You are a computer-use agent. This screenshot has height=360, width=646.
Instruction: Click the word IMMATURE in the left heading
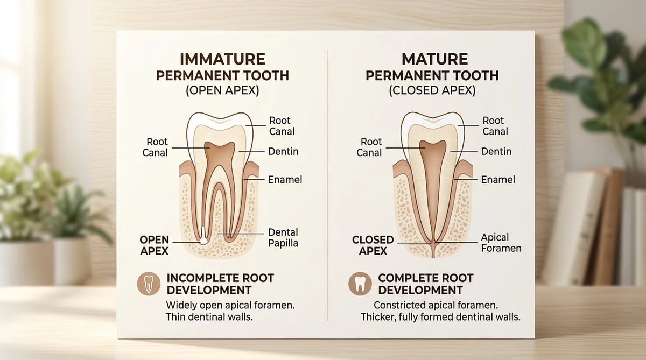coord(222,59)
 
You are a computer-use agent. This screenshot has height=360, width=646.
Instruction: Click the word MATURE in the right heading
coord(434,59)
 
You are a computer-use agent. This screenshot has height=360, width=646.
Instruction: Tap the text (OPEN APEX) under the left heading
coord(222,90)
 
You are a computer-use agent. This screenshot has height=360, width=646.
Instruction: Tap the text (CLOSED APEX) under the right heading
coord(432,90)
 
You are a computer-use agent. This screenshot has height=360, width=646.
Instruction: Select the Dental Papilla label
coord(283,237)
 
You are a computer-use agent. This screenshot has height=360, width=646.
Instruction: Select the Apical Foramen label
coord(501,243)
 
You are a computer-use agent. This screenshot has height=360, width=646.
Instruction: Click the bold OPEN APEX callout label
coord(155,245)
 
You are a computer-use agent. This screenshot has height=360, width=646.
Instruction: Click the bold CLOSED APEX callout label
coord(373,245)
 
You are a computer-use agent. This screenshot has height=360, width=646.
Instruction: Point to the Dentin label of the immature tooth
coord(283,151)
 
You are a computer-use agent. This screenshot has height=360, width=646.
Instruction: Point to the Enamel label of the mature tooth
coord(498,180)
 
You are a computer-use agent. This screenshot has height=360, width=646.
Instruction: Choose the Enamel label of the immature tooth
coord(285,180)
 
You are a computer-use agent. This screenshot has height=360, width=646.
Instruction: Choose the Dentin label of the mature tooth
coord(496,151)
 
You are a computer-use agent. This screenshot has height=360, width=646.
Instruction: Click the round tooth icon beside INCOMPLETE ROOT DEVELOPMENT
coord(149,284)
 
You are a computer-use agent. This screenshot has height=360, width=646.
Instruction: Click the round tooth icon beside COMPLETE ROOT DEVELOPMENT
coord(360,284)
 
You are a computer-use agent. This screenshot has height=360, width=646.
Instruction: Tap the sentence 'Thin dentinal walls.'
coord(209,317)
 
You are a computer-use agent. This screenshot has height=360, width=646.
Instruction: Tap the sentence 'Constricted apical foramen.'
coord(436,305)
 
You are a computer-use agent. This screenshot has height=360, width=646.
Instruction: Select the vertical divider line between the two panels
coord(327,185)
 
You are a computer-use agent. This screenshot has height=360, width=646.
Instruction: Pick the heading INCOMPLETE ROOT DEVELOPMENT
coord(220,284)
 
